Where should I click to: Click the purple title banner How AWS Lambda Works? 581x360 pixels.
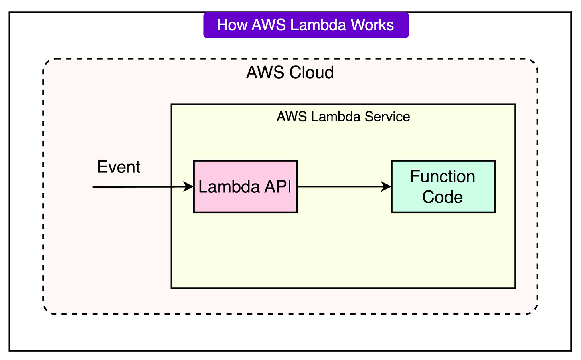click(x=306, y=25)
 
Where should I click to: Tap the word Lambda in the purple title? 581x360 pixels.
click(x=318, y=25)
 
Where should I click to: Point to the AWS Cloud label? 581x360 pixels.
click(x=290, y=73)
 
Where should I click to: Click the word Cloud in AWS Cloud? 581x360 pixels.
click(x=311, y=73)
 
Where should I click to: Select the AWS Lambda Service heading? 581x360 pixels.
click(x=343, y=117)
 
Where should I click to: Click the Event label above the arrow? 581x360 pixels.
click(x=119, y=167)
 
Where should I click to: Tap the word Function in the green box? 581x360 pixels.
click(x=443, y=176)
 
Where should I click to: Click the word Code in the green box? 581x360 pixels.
click(x=443, y=197)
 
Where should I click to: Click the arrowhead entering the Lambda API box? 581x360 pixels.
click(x=188, y=186)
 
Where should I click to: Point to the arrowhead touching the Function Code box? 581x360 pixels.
click(x=386, y=186)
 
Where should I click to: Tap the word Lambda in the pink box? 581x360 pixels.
click(x=228, y=187)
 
